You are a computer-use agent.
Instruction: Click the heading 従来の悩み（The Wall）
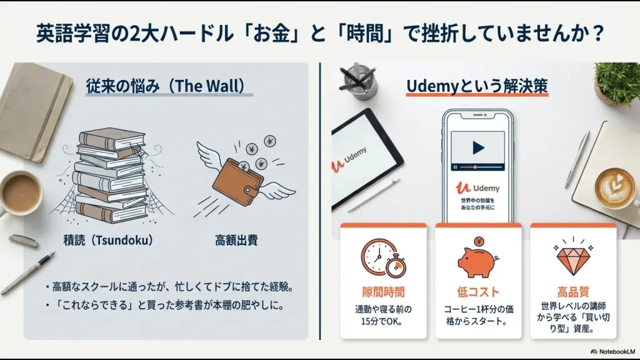pos(165,86)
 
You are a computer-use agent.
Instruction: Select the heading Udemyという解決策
pos(477,86)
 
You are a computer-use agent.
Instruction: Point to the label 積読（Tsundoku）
pos(108,240)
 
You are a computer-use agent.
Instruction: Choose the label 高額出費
pos(236,240)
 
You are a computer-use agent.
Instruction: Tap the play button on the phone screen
pos(478,148)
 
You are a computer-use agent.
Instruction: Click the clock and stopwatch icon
pos(382,257)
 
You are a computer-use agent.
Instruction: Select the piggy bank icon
pos(477,259)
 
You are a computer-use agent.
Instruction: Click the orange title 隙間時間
pos(383,292)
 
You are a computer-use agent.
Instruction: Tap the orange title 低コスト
pos(477,292)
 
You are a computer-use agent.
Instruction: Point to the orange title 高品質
pos(572,292)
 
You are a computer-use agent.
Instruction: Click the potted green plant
pos(618,84)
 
